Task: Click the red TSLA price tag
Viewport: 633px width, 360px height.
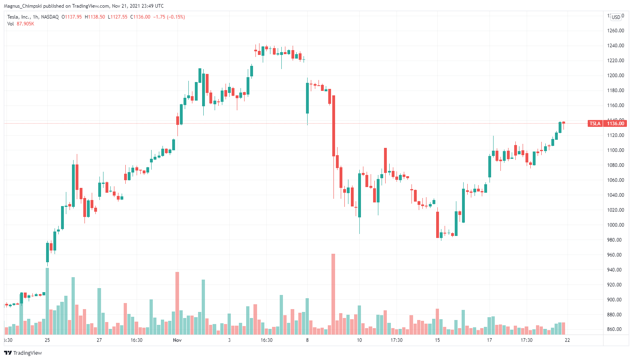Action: (x=595, y=124)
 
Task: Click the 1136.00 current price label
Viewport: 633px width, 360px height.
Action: (x=616, y=124)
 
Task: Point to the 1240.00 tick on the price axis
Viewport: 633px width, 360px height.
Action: (x=616, y=46)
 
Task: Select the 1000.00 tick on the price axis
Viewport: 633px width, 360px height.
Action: (x=616, y=225)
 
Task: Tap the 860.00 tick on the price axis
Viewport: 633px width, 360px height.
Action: (x=616, y=329)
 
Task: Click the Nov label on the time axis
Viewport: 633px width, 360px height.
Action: (x=177, y=340)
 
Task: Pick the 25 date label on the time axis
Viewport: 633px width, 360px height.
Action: (x=47, y=340)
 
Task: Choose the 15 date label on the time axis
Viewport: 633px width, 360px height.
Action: (x=437, y=340)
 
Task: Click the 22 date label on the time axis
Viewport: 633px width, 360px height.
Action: (x=568, y=340)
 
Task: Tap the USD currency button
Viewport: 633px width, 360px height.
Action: (x=616, y=17)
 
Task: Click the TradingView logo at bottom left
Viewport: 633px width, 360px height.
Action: (x=23, y=353)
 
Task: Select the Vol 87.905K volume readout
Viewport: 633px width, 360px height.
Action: (x=21, y=24)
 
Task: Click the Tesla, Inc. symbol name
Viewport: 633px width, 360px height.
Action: (x=19, y=17)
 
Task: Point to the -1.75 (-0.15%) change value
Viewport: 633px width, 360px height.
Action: (x=169, y=17)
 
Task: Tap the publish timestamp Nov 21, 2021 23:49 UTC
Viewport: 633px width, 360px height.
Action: (x=138, y=6)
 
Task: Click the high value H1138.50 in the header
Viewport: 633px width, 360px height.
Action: (x=95, y=17)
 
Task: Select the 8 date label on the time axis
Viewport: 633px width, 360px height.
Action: (x=307, y=340)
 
